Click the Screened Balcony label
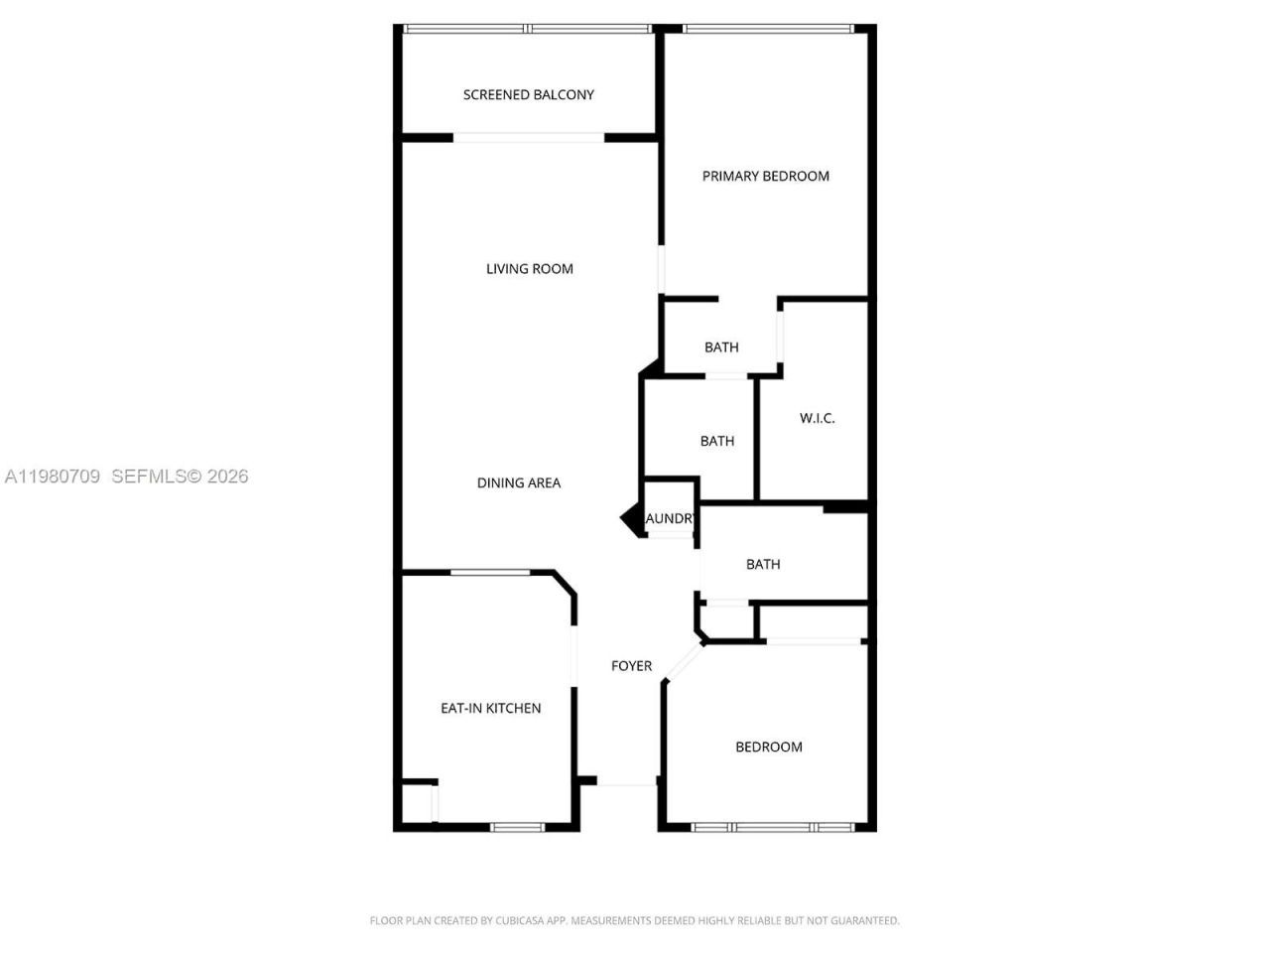[x=528, y=95]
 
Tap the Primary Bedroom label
[x=765, y=177]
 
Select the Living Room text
[x=529, y=269]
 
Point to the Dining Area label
[x=518, y=483]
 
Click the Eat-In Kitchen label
[x=490, y=709]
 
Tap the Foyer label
[x=631, y=666]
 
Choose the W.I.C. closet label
[x=817, y=419]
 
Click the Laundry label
[x=670, y=519]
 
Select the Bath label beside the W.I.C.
[x=716, y=442]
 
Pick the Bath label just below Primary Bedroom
[x=721, y=347]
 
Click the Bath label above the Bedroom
[x=762, y=565]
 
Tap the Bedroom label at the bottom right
[x=768, y=748]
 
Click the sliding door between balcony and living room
[x=529, y=138]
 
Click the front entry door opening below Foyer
[x=627, y=783]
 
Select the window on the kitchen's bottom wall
[x=518, y=827]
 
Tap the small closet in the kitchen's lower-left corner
[x=417, y=803]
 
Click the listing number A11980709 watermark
[x=53, y=476]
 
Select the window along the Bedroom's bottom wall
[x=772, y=827]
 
